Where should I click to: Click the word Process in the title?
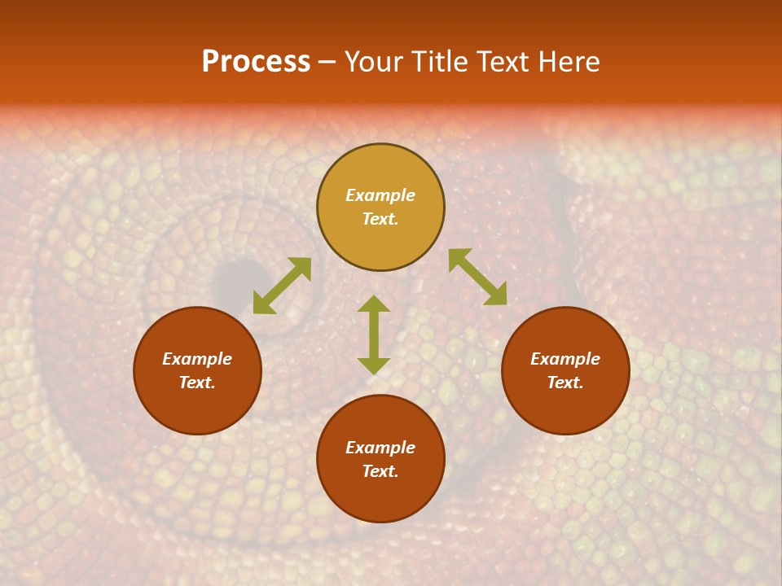(256, 62)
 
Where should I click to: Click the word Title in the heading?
(437, 62)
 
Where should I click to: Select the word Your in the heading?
(374, 62)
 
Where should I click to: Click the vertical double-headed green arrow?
(374, 335)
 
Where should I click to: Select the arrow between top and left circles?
(282, 286)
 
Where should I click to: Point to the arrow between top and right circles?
(477, 277)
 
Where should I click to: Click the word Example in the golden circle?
(380, 195)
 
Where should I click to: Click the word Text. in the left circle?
(197, 383)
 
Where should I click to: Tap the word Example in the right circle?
(565, 359)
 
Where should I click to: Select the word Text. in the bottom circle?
(380, 471)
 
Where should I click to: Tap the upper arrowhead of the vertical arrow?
(374, 304)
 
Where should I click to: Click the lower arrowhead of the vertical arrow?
(374, 365)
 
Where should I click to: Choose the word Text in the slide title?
(501, 62)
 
